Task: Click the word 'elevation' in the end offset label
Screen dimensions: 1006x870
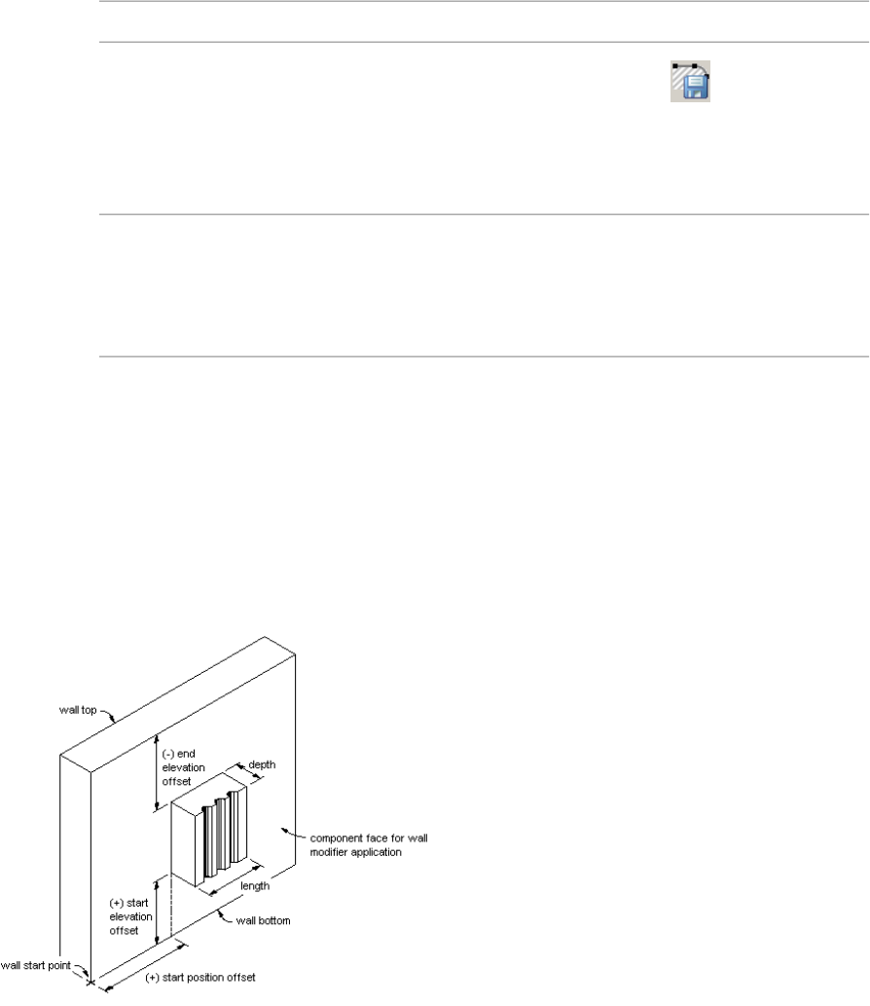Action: tap(191, 766)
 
